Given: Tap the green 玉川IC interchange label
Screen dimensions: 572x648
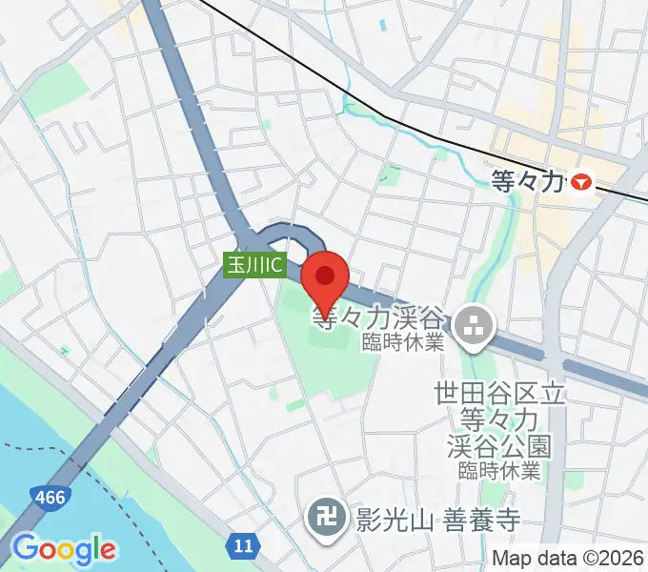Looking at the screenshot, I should pyautogui.click(x=254, y=265).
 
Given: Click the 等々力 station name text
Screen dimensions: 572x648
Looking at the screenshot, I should pyautogui.click(x=526, y=178).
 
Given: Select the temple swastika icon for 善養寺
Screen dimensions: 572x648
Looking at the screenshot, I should pyautogui.click(x=320, y=517).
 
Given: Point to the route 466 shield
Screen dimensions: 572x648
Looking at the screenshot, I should pyautogui.click(x=48, y=498).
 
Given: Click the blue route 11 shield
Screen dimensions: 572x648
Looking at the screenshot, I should pyautogui.click(x=243, y=545).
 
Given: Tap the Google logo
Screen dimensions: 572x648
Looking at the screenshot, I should pyautogui.click(x=64, y=548).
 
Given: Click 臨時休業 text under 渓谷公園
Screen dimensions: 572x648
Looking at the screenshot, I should pyautogui.click(x=498, y=471).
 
